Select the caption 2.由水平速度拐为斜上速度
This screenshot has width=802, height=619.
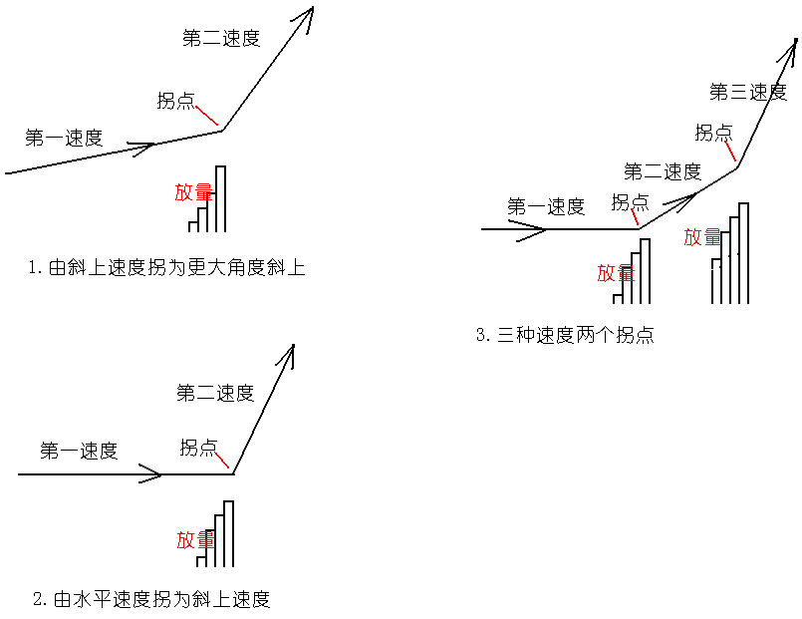(151, 599)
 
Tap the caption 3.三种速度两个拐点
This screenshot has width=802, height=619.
(565, 335)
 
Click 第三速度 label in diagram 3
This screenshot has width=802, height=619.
(748, 93)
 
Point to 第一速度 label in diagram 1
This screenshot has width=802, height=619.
(64, 139)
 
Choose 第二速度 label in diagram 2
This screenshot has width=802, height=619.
(215, 393)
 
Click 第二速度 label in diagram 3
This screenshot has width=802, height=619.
(663, 171)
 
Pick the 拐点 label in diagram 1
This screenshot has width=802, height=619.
(175, 101)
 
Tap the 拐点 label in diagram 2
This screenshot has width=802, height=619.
(198, 448)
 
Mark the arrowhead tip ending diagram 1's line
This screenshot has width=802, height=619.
(312, 8)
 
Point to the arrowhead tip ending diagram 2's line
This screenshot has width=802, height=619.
(294, 346)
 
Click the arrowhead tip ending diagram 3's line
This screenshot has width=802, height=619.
(797, 40)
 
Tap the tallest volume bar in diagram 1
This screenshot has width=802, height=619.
(221, 197)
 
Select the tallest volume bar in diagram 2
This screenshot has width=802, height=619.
(228, 533)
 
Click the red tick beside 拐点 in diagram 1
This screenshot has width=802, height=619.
(206, 114)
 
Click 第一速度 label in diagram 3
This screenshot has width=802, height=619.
(546, 207)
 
